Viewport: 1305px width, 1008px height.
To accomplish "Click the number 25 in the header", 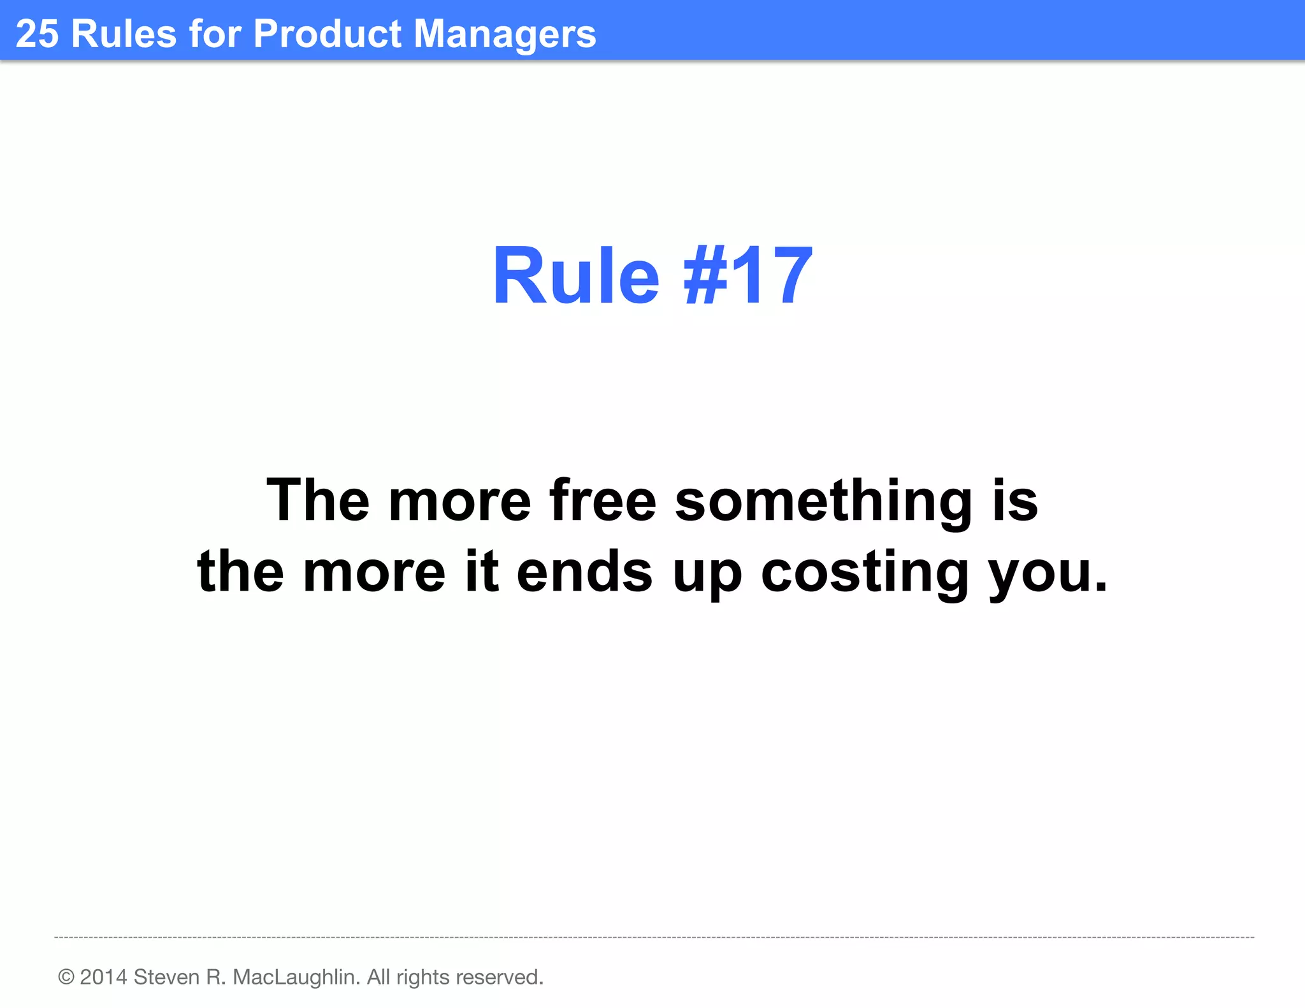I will click(x=37, y=33).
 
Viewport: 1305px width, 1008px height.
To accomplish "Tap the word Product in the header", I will click(x=328, y=33).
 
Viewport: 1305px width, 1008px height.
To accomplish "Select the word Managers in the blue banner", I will click(x=505, y=34).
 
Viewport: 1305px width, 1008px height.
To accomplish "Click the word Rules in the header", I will click(x=124, y=33).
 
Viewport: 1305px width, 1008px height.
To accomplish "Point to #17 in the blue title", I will click(x=748, y=277).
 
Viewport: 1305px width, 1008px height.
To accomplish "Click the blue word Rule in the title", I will click(x=576, y=277).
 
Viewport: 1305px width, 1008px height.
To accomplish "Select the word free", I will click(x=602, y=501).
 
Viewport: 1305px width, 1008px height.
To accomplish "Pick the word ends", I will click(x=584, y=572).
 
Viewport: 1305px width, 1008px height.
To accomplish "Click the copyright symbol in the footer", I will click(x=66, y=977).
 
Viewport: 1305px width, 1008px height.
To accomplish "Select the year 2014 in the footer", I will click(x=103, y=977).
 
